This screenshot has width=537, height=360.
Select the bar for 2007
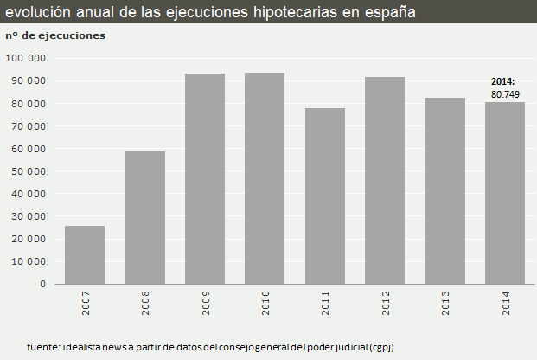pyautogui.click(x=85, y=254)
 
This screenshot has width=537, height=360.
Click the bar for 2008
pyautogui.click(x=144, y=217)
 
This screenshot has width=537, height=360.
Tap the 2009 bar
pyautogui.click(x=205, y=178)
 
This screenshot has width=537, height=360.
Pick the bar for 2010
pyautogui.click(x=265, y=177)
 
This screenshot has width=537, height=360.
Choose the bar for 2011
pyautogui.click(x=325, y=196)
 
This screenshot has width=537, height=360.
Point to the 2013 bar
pyautogui.click(x=444, y=190)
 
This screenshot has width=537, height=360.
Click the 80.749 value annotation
pyautogui.click(x=505, y=93)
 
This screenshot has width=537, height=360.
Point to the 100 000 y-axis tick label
pyautogui.click(x=26, y=58)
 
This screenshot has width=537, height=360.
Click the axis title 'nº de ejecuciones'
pyautogui.click(x=55, y=35)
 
